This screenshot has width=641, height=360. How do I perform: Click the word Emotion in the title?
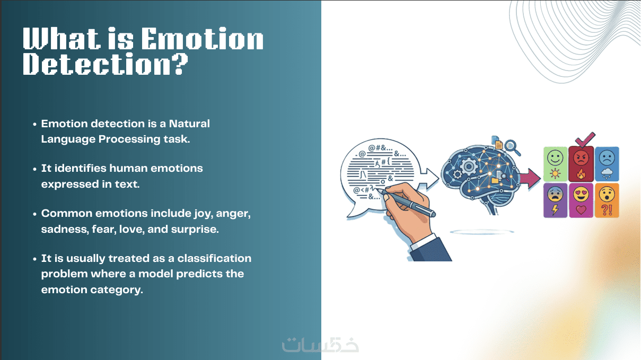point(203,39)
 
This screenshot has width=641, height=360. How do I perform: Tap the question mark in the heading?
point(180,64)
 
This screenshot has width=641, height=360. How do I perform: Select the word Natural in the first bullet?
point(189,124)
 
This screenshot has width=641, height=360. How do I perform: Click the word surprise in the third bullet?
point(195,230)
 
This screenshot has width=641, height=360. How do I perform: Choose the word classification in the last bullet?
point(214,258)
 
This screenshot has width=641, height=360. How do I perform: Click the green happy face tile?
point(555,164)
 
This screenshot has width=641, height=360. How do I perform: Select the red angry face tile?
point(581,164)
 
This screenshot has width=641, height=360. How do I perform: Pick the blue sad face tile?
point(607,164)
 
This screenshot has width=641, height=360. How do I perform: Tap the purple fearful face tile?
point(555,200)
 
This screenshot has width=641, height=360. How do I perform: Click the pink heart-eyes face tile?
point(581,200)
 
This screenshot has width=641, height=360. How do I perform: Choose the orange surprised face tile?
point(607,200)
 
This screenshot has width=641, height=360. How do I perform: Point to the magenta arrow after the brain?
point(530,179)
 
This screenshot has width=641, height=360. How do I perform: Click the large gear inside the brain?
point(469,166)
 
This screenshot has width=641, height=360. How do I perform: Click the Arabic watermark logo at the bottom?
point(320,345)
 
